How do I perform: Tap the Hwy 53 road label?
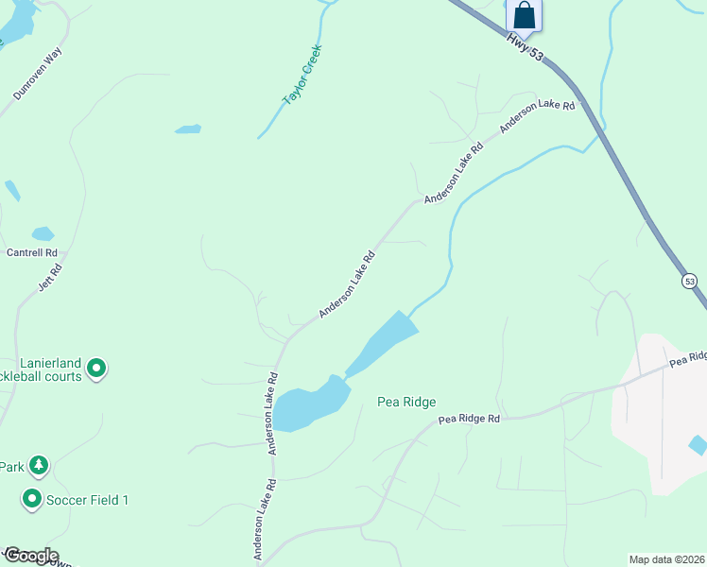point(525,49)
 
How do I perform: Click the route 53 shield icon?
point(689,281)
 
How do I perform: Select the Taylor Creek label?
point(302,75)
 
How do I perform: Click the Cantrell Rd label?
point(32,253)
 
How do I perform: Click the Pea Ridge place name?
point(406,402)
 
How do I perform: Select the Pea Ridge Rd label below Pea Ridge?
point(468,419)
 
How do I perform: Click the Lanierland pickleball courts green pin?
point(96,369)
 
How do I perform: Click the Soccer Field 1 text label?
point(89,500)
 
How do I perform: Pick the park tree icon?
point(38,466)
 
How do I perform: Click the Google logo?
point(31,556)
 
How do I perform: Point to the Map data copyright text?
point(667,559)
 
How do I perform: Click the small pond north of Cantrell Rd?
point(43,233)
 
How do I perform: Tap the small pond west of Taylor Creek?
point(188,129)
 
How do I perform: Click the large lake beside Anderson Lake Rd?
point(312,404)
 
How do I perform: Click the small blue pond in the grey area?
point(698,444)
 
